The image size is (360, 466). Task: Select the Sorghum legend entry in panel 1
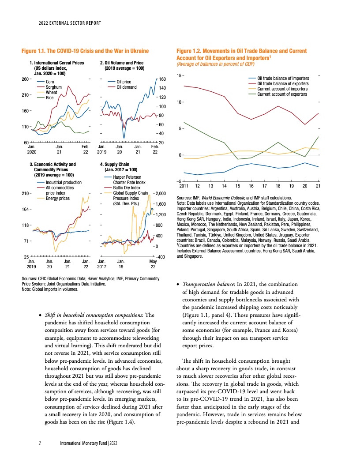coord(54,87)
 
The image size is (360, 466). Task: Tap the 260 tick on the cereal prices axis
coord(26,79)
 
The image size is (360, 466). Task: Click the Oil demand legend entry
coord(126,87)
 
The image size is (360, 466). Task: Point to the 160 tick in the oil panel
coord(162,79)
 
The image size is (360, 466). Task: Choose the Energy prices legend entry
coord(58,199)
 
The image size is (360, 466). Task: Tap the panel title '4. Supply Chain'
coord(115,164)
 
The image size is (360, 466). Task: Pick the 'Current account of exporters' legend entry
coord(282,94)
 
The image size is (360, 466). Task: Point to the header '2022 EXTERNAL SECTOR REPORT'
coord(70,23)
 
